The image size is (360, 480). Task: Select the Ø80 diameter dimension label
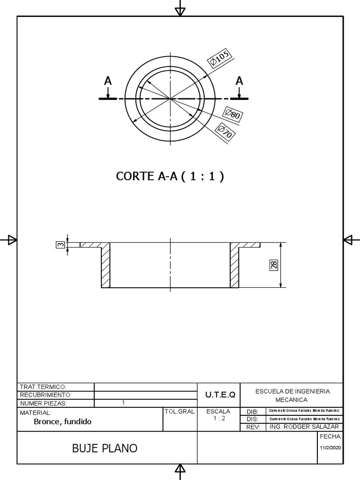[x=232, y=114]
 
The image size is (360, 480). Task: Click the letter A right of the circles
[x=240, y=81]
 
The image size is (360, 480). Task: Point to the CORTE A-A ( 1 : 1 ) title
[x=170, y=176]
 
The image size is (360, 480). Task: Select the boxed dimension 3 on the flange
[x=60, y=245]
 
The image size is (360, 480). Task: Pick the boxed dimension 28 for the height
[x=274, y=265]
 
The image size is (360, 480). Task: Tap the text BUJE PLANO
[x=105, y=448]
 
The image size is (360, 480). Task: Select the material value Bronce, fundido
[x=62, y=421]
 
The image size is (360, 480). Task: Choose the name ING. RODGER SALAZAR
[x=304, y=427]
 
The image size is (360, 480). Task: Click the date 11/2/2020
[x=331, y=448]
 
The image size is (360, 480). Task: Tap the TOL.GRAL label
[x=179, y=412]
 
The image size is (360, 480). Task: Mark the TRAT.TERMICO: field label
[x=43, y=387]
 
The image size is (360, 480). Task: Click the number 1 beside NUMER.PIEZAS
[x=123, y=403]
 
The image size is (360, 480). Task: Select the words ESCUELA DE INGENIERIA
[x=292, y=391]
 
